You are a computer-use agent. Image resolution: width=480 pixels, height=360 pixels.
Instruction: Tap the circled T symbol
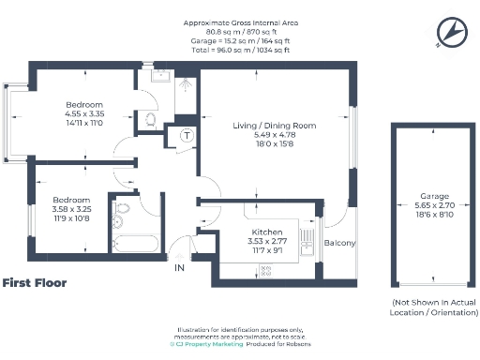pos(187,136)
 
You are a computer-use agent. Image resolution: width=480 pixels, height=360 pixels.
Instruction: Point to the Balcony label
pos(339,244)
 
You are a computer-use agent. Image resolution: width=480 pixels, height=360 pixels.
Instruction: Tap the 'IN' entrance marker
pos(180,268)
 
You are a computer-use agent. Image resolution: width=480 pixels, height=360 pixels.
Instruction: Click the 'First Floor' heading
pos(34,282)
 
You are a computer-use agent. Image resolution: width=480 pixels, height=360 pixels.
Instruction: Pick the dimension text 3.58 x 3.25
pos(70,211)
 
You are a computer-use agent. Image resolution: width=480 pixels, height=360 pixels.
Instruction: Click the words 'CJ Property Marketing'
pos(210,344)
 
